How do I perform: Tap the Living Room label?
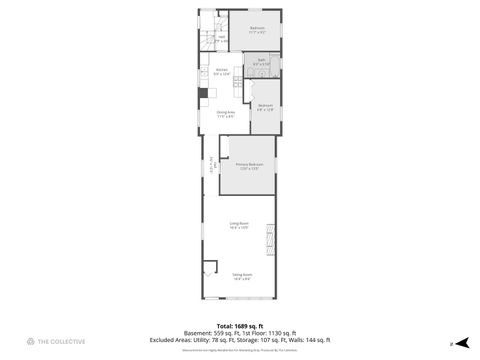(239, 225)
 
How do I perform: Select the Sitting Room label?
(242, 276)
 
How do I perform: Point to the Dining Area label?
(225, 114)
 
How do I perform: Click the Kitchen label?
(221, 71)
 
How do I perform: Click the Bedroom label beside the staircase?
(257, 29)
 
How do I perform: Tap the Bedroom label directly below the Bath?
(264, 107)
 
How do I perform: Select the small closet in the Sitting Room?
(209, 269)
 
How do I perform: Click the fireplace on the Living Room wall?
(268, 239)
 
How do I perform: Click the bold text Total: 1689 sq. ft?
(240, 326)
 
